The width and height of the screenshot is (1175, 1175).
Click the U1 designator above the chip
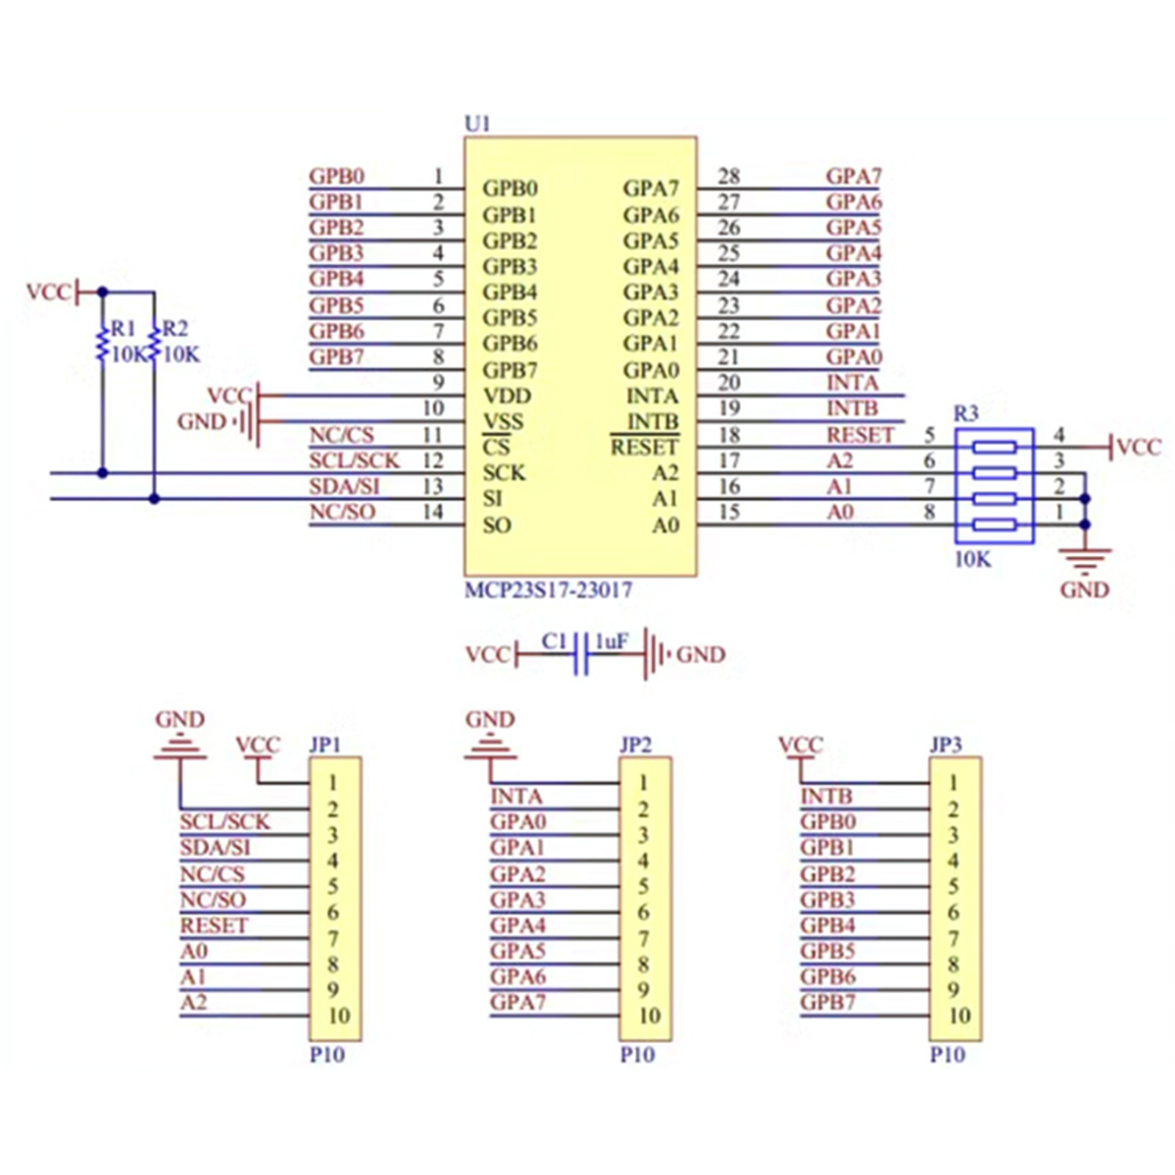477,124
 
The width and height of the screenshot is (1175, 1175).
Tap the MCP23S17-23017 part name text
548,590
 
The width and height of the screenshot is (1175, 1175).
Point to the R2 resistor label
175,328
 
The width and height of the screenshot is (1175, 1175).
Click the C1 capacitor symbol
581,654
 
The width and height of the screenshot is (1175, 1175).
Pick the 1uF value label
611,643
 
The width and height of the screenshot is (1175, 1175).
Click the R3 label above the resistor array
966,413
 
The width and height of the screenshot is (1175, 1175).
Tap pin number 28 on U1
728,176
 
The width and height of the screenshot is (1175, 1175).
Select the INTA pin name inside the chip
652,397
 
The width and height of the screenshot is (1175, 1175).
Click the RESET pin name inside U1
645,447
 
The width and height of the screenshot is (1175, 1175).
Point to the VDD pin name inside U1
507,397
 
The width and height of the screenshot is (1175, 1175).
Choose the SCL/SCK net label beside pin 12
354,461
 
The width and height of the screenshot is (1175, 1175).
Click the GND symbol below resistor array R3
1085,562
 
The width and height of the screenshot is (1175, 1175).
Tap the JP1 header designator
325,745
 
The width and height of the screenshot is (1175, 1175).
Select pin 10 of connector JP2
649,1016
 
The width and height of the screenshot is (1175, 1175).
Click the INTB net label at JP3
826,796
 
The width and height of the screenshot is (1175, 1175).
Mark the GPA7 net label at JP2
518,1002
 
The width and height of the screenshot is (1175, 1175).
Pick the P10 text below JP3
947,1055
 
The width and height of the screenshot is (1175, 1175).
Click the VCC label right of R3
1138,447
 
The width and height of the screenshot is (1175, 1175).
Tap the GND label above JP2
490,720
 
